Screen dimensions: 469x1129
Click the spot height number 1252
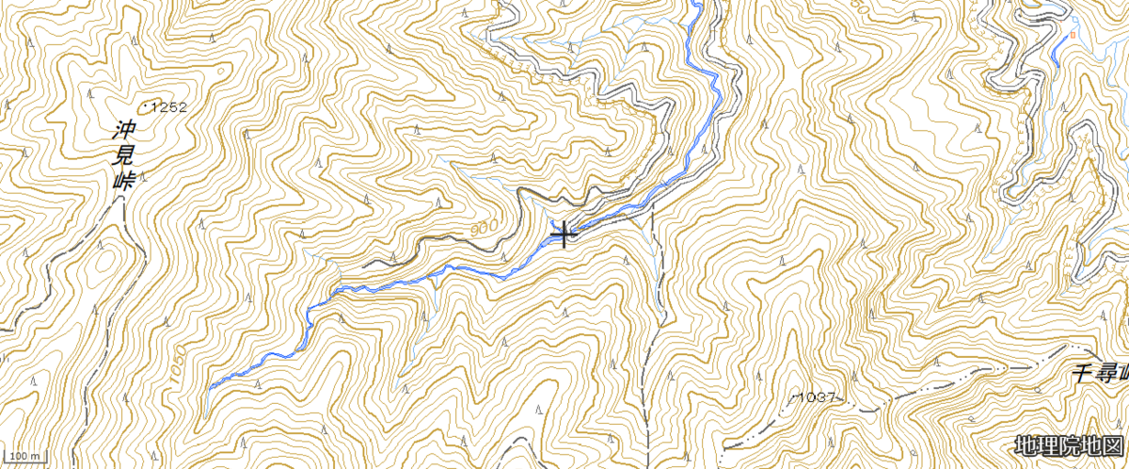click(x=169, y=107)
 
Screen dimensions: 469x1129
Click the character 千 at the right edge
click(x=1085, y=376)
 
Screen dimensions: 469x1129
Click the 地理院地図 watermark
click(x=1069, y=445)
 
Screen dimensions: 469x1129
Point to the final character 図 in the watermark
click(x=1112, y=445)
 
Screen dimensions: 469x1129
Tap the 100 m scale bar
click(x=24, y=457)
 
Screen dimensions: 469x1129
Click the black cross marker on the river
click(x=564, y=234)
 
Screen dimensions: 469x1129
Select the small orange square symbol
click(x=1072, y=35)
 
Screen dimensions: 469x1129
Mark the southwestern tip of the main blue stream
click(x=209, y=387)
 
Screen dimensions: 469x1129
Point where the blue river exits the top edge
click(x=697, y=3)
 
